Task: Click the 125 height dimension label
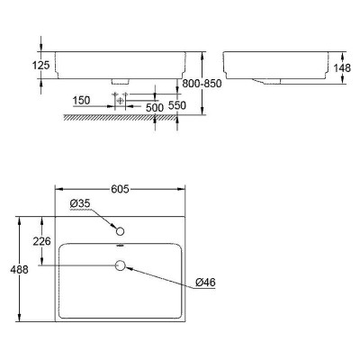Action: pyautogui.click(x=41, y=65)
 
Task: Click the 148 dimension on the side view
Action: pyautogui.click(x=342, y=67)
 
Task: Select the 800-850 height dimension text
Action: pyautogui.click(x=202, y=84)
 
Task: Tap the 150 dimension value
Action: pyautogui.click(x=81, y=100)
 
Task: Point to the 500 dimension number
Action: pyautogui.click(x=155, y=107)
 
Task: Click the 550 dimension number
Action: pyautogui.click(x=177, y=105)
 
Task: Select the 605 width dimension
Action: pyautogui.click(x=120, y=189)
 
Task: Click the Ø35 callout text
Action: pyautogui.click(x=80, y=203)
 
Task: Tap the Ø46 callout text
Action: pyautogui.click(x=205, y=282)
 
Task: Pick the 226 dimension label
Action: pyautogui.click(x=41, y=241)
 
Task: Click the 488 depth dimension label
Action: pyautogui.click(x=19, y=269)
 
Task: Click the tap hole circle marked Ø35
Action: pyautogui.click(x=120, y=231)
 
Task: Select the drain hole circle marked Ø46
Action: pyautogui.click(x=120, y=265)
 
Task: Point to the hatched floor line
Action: pyautogui.click(x=121, y=117)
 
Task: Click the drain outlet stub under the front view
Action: pyautogui.click(x=120, y=81)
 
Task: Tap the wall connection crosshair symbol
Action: pyautogui.click(x=120, y=100)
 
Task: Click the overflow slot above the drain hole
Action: pyautogui.click(x=120, y=246)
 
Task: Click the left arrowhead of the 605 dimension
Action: pyautogui.click(x=58, y=189)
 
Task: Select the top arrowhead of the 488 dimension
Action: pyautogui.click(x=20, y=220)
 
